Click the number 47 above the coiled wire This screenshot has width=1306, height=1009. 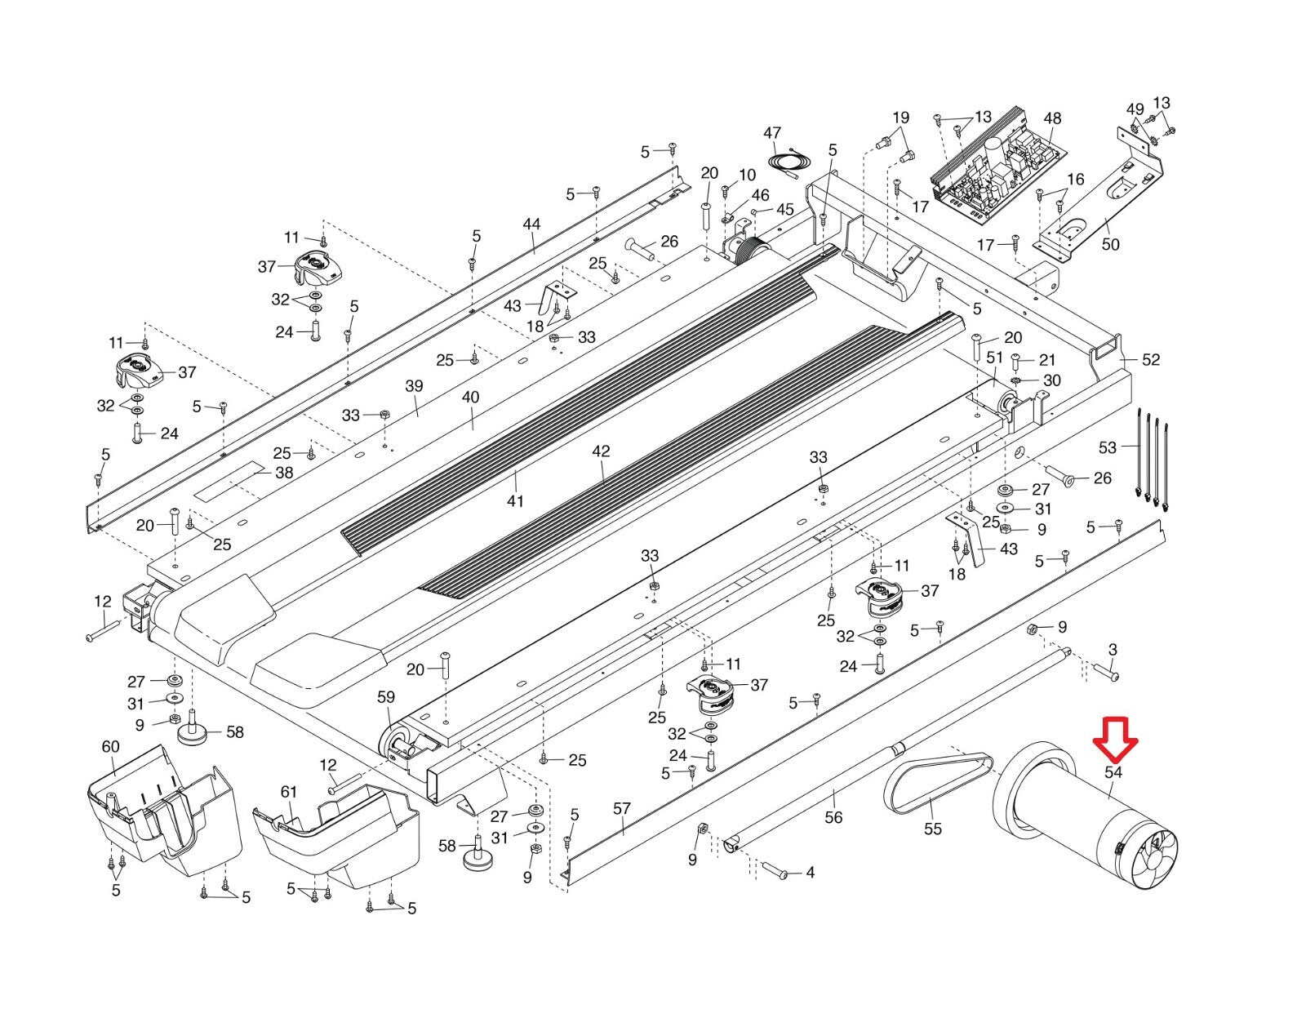click(772, 133)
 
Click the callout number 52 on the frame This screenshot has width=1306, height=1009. click(1150, 359)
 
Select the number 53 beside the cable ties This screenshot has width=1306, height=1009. click(1108, 447)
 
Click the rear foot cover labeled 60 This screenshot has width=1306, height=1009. click(159, 808)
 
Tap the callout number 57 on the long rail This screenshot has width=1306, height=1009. click(622, 809)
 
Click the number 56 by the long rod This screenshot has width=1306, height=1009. click(833, 817)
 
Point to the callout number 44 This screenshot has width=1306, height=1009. click(531, 224)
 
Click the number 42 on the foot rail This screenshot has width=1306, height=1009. click(601, 451)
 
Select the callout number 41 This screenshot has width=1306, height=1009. click(515, 500)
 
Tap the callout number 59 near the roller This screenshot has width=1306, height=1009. click(385, 697)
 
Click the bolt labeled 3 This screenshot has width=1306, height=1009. click(1105, 674)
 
